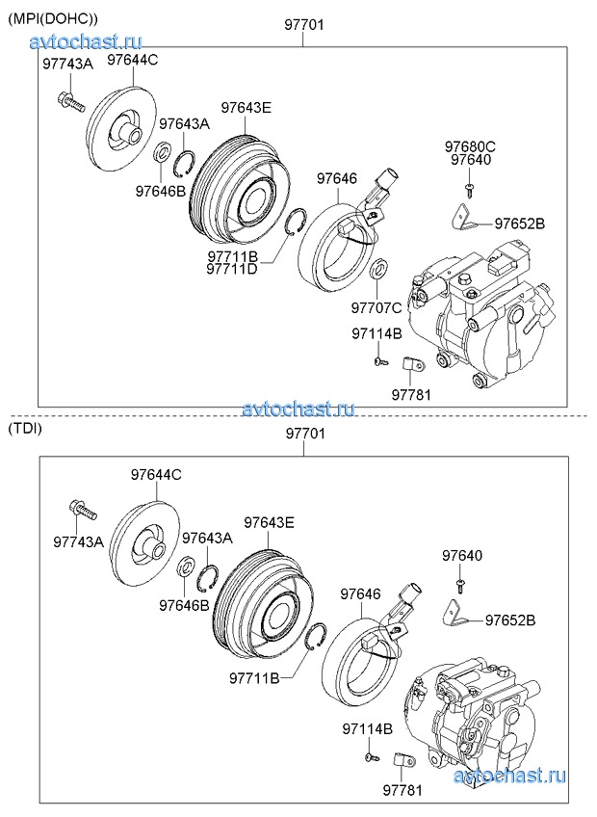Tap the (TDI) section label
(x=25, y=428)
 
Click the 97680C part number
(x=470, y=146)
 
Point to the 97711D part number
(x=231, y=269)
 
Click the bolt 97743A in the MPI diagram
(x=70, y=99)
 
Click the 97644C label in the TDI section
(x=156, y=474)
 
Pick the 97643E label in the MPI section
(x=246, y=107)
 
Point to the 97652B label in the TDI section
(x=509, y=619)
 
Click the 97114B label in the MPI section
(x=376, y=333)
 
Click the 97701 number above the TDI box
(x=305, y=434)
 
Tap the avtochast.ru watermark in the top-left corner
(x=86, y=40)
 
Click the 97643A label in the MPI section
(x=184, y=123)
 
